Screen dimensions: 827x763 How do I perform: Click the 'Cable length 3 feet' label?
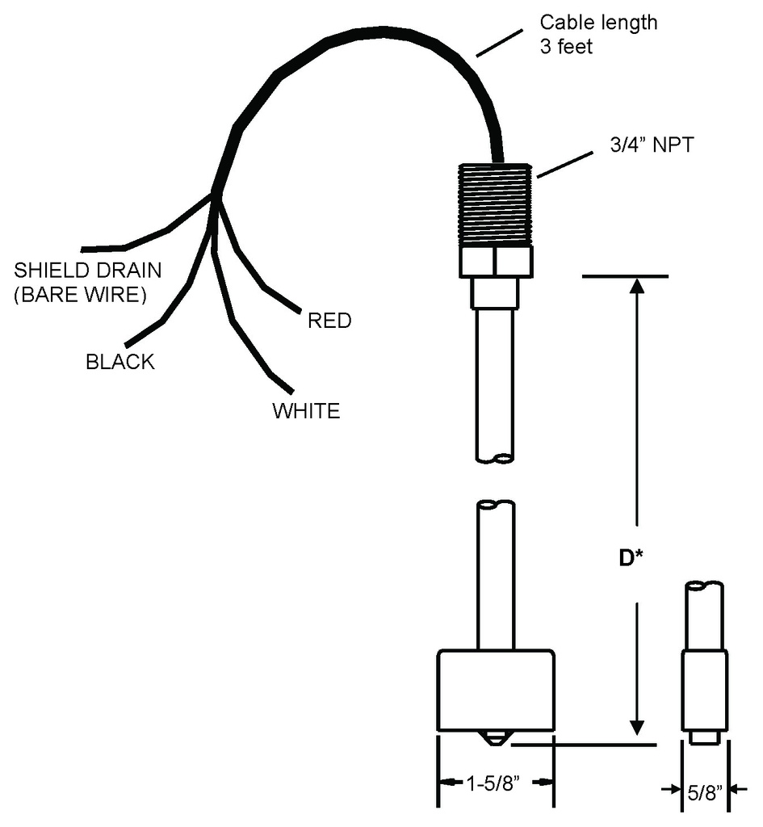597,34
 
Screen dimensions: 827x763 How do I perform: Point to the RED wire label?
329,321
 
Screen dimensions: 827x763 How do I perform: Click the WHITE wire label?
306,411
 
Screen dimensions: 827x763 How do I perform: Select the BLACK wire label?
119,362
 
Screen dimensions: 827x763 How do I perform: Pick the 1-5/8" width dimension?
495,783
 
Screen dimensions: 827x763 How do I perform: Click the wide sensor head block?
495,691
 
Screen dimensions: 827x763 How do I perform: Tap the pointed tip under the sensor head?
495,739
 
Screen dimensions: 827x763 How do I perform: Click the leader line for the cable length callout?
498,45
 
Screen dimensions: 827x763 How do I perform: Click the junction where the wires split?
215,194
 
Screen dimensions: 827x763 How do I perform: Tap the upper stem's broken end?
494,460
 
